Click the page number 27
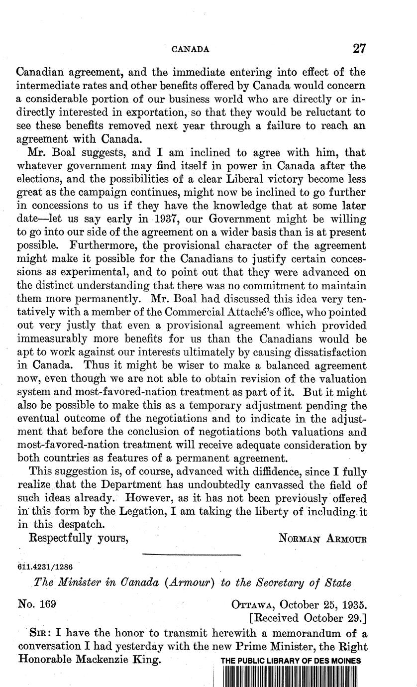pyautogui.click(x=359, y=48)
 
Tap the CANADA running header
pyautogui.click(x=190, y=49)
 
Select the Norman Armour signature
pyautogui.click(x=322, y=539)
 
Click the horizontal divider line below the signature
pyautogui.click(x=192, y=554)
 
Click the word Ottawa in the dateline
pyautogui.click(x=253, y=605)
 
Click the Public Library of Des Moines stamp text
pyautogui.click(x=291, y=661)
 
